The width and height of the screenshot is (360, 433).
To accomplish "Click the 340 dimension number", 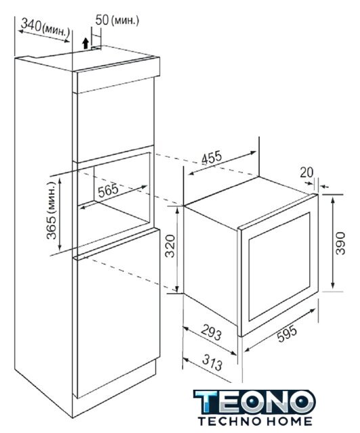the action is coord(31,26).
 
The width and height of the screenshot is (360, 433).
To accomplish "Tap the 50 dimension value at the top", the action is coord(102,20).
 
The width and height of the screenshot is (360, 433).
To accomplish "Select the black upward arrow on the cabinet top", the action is coord(86,43).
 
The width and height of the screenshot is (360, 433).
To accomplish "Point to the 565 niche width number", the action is coord(108,190).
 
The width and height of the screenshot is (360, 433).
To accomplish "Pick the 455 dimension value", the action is coord(212,158).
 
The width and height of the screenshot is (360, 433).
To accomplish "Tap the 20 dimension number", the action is coord(307,173).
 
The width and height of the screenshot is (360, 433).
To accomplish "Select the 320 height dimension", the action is coord(171,246).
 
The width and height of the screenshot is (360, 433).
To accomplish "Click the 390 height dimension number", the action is coord(340,244).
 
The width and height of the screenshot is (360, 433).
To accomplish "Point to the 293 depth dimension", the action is coord(211,332).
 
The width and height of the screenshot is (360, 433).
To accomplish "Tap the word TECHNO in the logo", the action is coord(230,421).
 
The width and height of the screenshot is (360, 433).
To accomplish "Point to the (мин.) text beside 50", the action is coord(125,20).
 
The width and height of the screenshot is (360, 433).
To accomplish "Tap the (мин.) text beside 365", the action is coord(52,198).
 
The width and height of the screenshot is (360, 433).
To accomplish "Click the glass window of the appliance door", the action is coord(279,267).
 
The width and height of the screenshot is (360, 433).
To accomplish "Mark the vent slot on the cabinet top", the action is coord(96,48).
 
